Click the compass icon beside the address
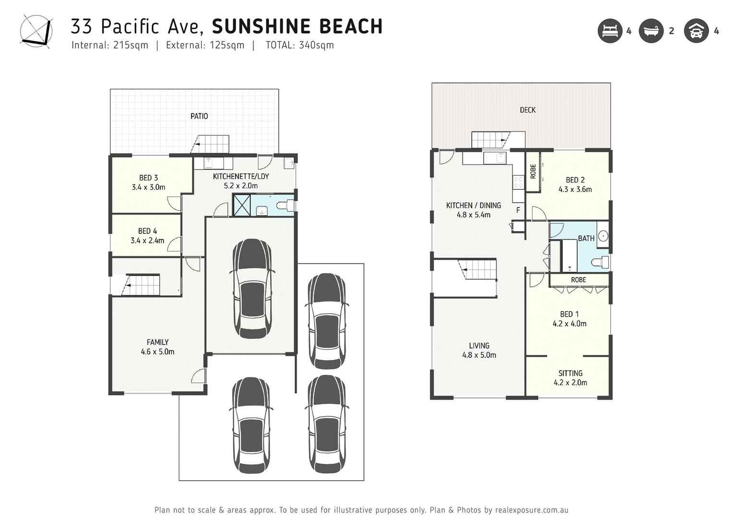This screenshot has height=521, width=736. pos(36,31)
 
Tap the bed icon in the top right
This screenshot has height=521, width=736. pos(609,31)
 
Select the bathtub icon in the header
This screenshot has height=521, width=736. pos(651,31)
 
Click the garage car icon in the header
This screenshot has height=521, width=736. pos(696,31)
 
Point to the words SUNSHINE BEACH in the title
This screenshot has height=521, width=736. pos(297,26)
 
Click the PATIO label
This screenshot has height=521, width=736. pos(199,116)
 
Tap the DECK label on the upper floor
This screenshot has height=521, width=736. pos(527,110)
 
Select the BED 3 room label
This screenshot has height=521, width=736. pos(148,178)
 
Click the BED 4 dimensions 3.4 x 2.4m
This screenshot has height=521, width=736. pos(147,241)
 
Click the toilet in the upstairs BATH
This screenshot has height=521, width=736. pos(600,263)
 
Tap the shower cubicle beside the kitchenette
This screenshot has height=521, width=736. pos(241,205)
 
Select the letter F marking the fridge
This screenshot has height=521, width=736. pos(518,210)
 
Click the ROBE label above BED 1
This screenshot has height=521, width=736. pos(578,280)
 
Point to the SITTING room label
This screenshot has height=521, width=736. pos(570,373)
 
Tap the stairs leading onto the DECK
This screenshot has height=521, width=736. pos(490,140)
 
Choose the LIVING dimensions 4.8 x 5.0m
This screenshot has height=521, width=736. pos(479,355)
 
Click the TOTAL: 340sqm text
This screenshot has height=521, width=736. pos(299,45)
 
